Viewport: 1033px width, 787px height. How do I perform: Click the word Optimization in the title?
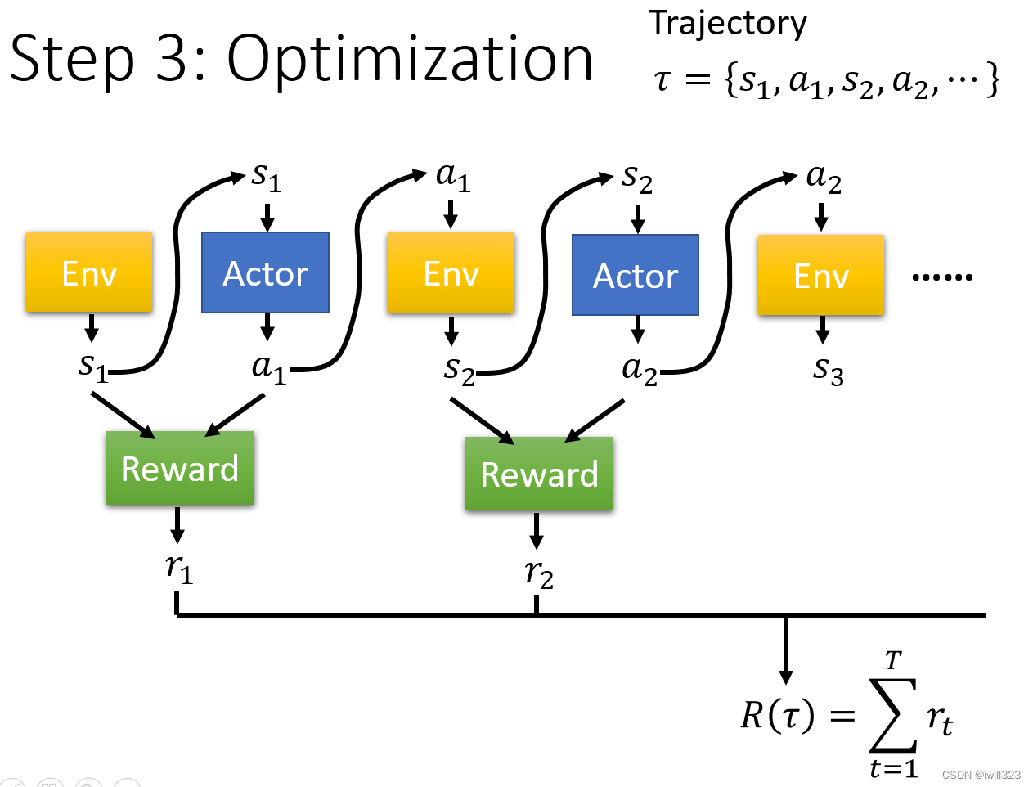pos(410,61)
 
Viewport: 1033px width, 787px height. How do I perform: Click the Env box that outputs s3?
pos(820,274)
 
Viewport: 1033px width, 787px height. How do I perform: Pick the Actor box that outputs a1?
pos(266,272)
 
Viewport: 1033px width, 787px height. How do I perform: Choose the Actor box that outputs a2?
pos(636,274)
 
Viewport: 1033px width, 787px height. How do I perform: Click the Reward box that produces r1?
pos(180,468)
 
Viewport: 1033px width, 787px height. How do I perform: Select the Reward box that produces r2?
pos(539,474)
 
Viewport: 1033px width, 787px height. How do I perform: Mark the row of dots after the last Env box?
pos(942,277)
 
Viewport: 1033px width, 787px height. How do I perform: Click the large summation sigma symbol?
pos(893,716)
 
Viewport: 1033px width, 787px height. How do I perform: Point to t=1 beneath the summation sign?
pos(894,769)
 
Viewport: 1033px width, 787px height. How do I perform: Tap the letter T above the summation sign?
pos(894,660)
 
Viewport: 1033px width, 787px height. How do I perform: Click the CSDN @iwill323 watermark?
pos(981,775)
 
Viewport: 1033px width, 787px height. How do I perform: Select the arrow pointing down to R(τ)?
pos(785,650)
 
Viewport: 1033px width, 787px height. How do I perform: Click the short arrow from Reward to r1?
pos(177,525)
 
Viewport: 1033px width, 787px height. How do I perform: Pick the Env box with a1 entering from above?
pos(451,272)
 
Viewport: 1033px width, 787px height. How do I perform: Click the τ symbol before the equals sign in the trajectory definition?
pos(662,80)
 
